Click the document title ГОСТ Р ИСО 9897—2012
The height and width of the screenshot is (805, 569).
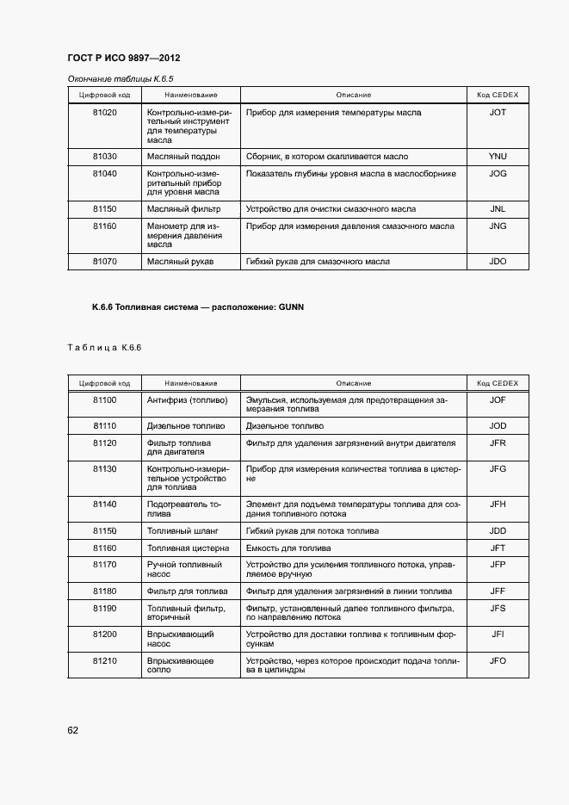[x=123, y=58]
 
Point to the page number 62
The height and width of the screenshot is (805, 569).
[x=73, y=730]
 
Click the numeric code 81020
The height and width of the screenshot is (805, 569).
[x=104, y=113]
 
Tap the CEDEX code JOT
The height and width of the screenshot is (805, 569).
[x=497, y=113]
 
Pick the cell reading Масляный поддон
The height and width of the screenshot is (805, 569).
[x=183, y=157]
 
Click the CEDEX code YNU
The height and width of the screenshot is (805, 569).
[x=497, y=157]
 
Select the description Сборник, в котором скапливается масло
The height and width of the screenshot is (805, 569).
[x=327, y=157]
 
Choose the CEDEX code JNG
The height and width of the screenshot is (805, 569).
[x=497, y=226]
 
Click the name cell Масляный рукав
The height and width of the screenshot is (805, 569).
[x=180, y=262]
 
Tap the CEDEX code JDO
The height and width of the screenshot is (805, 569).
[x=497, y=262]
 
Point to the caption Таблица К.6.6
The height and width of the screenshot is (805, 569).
[x=103, y=348]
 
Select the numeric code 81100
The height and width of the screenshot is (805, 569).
[x=104, y=400]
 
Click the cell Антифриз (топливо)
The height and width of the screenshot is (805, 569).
[x=187, y=400]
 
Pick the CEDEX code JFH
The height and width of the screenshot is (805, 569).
[x=497, y=504]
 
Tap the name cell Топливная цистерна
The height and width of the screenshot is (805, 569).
[x=188, y=548]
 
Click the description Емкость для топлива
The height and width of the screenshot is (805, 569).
[x=288, y=548]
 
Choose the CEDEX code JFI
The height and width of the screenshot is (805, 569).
[x=497, y=635]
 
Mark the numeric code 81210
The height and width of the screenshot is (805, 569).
[x=104, y=661]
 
